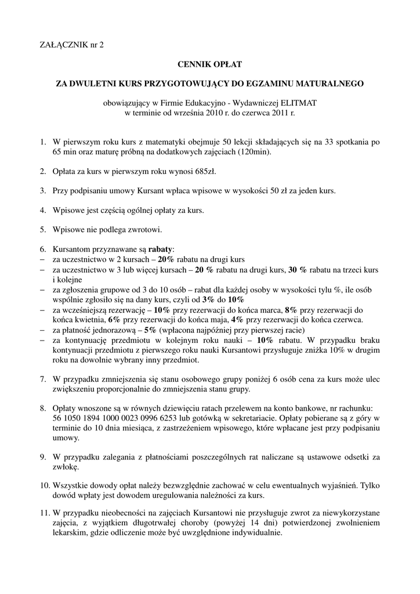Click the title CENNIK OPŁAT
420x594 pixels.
pyautogui.click(x=209, y=64)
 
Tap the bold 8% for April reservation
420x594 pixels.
pyautogui.click(x=292, y=310)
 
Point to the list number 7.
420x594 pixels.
pyautogui.click(x=42, y=379)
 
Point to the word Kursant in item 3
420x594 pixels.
pyautogui.click(x=154, y=190)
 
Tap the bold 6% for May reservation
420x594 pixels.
pyautogui.click(x=114, y=319)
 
